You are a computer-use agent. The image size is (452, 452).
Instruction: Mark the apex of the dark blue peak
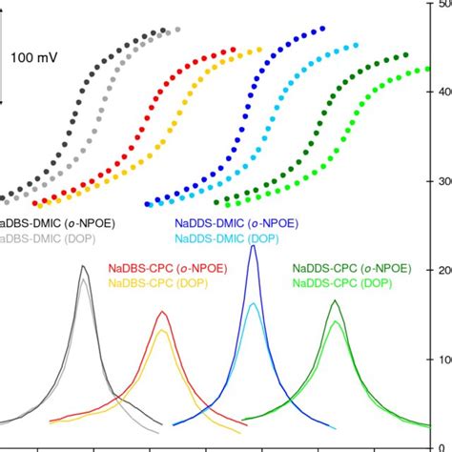click(x=253, y=246)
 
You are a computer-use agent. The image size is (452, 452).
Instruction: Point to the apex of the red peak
click(x=163, y=312)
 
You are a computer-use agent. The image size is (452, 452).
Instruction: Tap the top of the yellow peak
click(x=163, y=330)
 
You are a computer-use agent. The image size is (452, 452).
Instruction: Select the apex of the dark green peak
click(x=335, y=301)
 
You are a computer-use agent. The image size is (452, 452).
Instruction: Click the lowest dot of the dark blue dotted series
click(x=149, y=203)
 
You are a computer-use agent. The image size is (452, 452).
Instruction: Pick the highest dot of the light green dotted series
click(x=448, y=70)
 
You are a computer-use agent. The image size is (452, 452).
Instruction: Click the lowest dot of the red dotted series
click(x=37, y=203)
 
